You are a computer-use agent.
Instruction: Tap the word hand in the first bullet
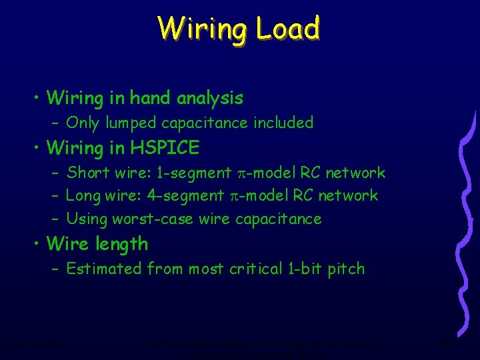[151, 99]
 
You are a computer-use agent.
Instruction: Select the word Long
[83, 196]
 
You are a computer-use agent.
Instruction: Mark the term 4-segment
[188, 196]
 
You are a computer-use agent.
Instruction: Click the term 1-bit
[304, 269]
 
